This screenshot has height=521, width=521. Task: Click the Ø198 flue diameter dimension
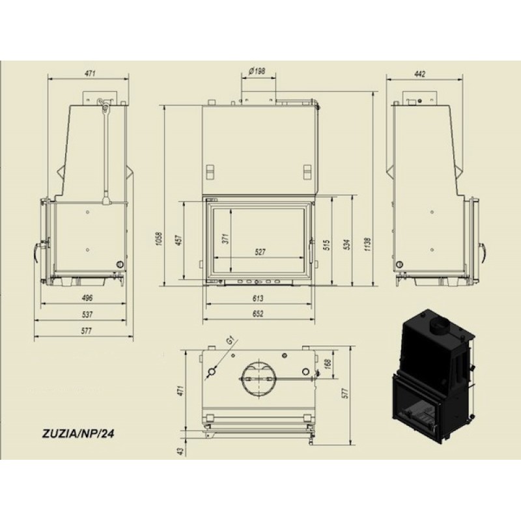pos(257,71)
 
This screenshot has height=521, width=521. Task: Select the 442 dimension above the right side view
pos(420,74)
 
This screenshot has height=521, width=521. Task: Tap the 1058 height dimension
pos(159,238)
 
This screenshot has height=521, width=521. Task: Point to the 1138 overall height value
pos(367,244)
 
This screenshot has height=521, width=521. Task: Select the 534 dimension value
pos(347,245)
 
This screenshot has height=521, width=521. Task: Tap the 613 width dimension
pos(258,298)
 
